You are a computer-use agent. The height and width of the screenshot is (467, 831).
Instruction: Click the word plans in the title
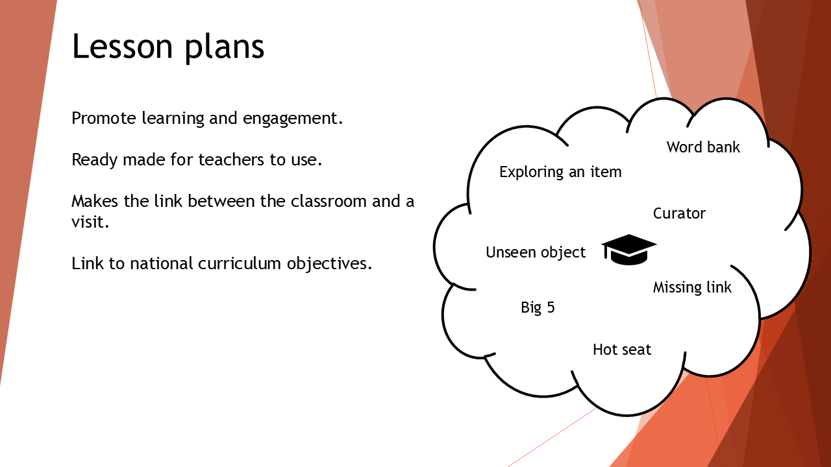pos(225,48)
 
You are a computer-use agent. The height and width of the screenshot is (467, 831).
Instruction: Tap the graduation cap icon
pos(629,250)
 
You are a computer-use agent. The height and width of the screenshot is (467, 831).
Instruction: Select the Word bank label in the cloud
pos(703,147)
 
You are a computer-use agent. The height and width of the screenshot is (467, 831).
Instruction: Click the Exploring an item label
pos(560,172)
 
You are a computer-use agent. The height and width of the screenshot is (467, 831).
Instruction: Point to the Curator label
pos(679,213)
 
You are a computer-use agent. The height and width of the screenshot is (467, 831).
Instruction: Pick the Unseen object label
pos(536,252)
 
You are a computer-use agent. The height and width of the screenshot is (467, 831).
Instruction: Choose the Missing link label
pos(692,287)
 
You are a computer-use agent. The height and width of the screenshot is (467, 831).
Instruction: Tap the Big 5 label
pos(538,307)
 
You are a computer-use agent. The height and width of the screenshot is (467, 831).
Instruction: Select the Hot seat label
pos(622,350)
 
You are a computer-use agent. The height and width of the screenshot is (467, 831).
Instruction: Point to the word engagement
pos(293,119)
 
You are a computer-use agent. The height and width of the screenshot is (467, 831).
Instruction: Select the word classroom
pos(329,201)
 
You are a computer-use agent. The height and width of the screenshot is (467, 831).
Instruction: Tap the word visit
pos(90,222)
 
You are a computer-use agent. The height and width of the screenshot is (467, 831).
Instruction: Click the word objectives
pos(329,264)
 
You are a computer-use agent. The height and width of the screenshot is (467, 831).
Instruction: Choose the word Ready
pos(94,160)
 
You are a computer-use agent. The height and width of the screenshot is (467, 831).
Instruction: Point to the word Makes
pos(95,201)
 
